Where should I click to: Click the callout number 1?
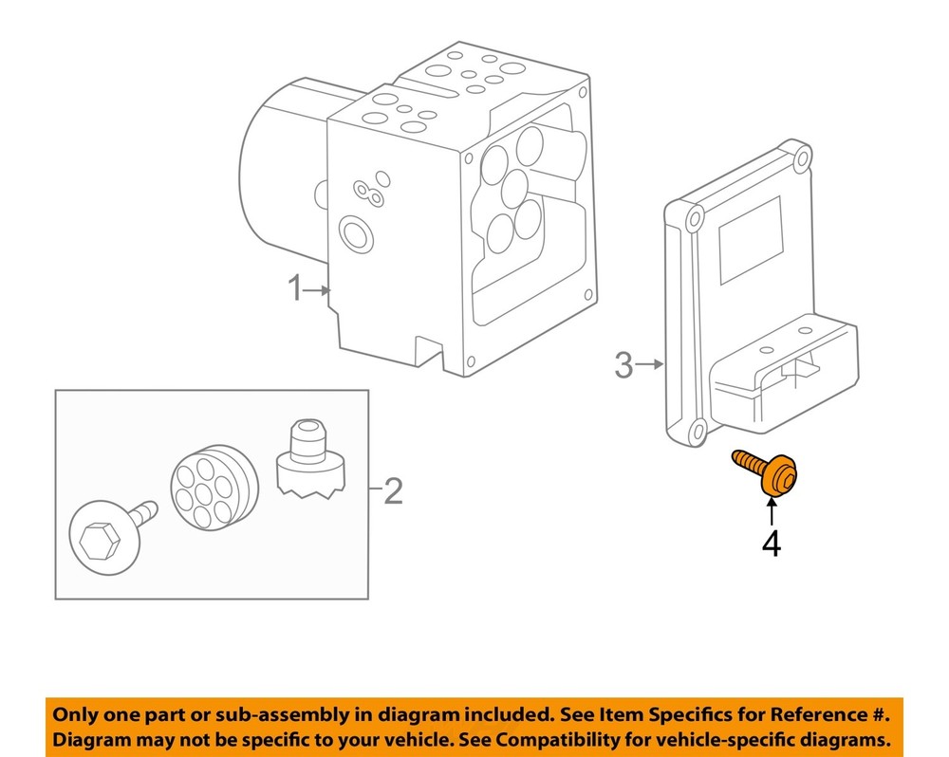pyautogui.click(x=294, y=287)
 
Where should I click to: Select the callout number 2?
pyautogui.click(x=392, y=490)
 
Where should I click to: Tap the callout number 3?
pyautogui.click(x=623, y=364)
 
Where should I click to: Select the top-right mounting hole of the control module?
pyautogui.click(x=803, y=157)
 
